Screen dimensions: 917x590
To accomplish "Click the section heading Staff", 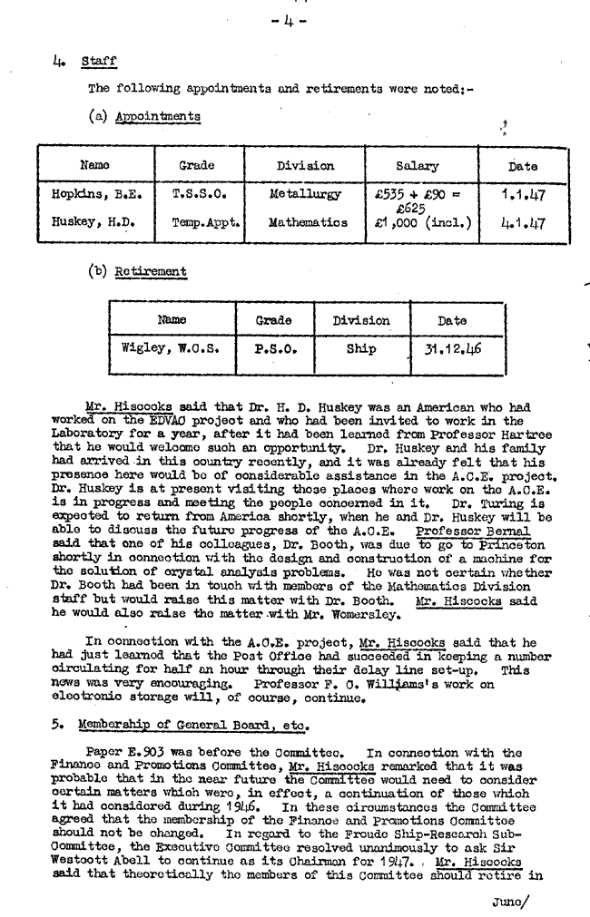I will [99, 62].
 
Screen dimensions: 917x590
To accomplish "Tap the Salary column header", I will [418, 166].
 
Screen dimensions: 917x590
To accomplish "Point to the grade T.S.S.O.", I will [198, 193].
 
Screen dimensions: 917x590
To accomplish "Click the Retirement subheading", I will [151, 271].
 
